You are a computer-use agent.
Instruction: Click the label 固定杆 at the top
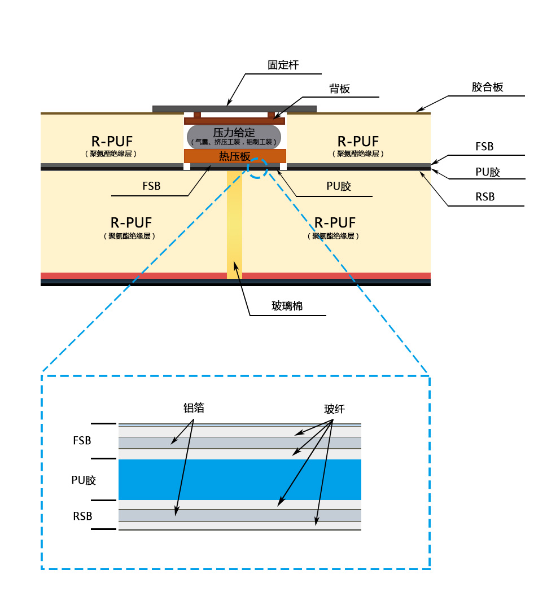point(283,65)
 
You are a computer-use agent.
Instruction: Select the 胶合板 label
point(487,87)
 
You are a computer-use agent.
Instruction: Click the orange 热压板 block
point(234,156)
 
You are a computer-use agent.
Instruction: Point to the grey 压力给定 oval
point(234,136)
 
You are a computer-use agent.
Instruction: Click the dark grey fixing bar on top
point(234,108)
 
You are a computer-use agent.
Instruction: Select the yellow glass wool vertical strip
point(234,226)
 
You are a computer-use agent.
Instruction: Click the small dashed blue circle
point(257,168)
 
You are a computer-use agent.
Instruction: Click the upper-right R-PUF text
point(358,141)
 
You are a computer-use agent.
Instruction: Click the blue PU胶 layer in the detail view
point(239,479)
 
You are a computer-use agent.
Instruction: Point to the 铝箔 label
point(194,408)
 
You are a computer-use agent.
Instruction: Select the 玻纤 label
point(334,409)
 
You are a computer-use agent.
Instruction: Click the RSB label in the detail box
point(82,516)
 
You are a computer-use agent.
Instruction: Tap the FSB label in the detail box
point(82,441)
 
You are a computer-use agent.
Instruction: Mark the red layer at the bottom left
point(133,275)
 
